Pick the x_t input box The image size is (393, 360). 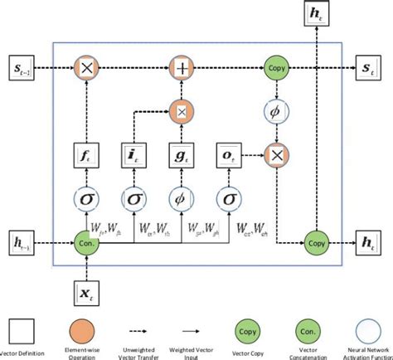pyautogui.click(x=86, y=290)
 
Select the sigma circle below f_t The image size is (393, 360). pyautogui.click(x=86, y=198)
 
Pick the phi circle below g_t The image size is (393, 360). pyautogui.click(x=180, y=198)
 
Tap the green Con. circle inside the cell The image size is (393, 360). pyautogui.click(x=86, y=242)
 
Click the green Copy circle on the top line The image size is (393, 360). pyautogui.click(x=274, y=66)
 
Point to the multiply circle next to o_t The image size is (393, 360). pyautogui.click(x=274, y=152)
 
